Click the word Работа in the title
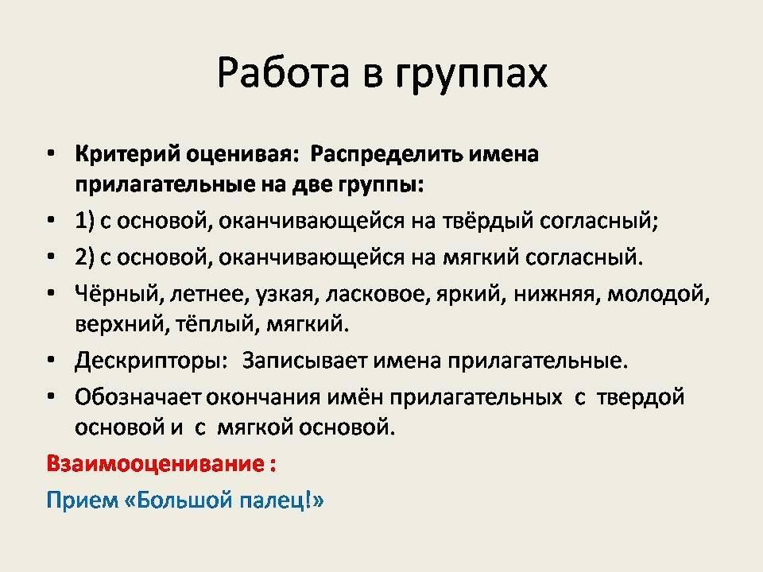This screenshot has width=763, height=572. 283,73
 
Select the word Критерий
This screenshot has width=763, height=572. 127,155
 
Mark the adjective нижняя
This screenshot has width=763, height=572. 554,295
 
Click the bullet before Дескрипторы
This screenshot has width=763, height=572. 51,361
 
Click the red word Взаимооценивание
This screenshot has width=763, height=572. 156,463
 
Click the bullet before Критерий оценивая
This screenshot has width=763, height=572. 51,154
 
